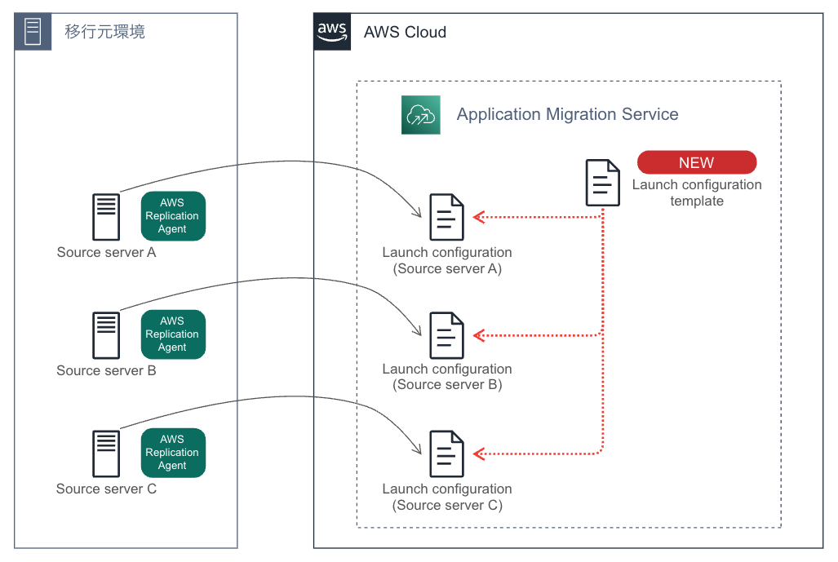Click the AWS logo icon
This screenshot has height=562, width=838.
click(332, 32)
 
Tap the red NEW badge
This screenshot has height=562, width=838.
click(696, 162)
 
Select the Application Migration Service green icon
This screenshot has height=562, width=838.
click(420, 114)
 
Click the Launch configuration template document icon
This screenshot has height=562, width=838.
click(603, 183)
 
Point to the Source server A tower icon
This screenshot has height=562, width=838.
click(106, 217)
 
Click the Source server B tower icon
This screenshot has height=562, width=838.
click(106, 335)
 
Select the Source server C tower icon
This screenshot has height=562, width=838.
click(106, 454)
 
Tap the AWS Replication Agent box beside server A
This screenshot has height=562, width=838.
click(173, 216)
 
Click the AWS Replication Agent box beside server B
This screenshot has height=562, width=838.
click(173, 334)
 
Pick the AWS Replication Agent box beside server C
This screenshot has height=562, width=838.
click(173, 453)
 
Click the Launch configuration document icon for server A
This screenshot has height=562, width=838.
click(446, 217)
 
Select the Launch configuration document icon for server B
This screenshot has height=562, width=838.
click(446, 335)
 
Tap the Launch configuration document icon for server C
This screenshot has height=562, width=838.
click(446, 454)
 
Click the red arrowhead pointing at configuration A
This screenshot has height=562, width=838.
click(480, 217)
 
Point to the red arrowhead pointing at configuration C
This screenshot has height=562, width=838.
click(480, 453)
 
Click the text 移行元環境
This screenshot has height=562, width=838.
click(104, 33)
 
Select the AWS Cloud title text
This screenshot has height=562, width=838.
click(405, 33)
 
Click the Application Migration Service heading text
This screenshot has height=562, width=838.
click(567, 114)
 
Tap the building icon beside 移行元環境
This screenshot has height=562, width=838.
click(33, 32)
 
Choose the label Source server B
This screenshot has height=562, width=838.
click(106, 371)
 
